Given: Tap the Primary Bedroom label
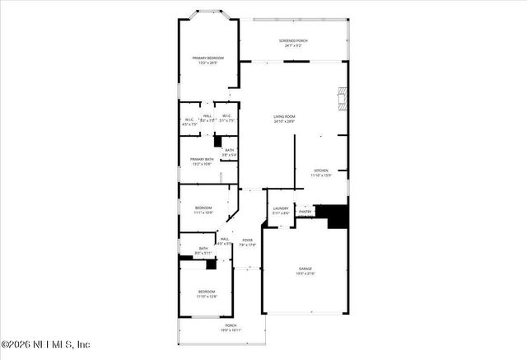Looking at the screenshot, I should [x=208, y=58].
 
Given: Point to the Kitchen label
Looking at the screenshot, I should [x=321, y=171].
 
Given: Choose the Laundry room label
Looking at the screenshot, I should [x=281, y=208].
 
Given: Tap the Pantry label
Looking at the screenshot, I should [x=305, y=212].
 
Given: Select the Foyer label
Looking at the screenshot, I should [x=247, y=240].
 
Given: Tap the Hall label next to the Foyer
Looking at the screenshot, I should [x=224, y=239].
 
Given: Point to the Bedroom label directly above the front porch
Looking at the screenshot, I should [x=207, y=292].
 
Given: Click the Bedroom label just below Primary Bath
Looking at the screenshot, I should [x=203, y=207].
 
